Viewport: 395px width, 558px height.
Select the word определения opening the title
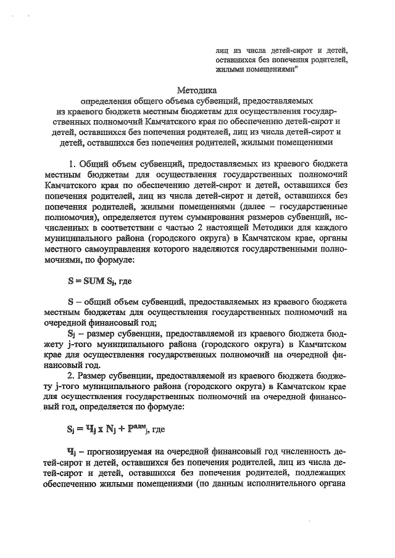[110, 100]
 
